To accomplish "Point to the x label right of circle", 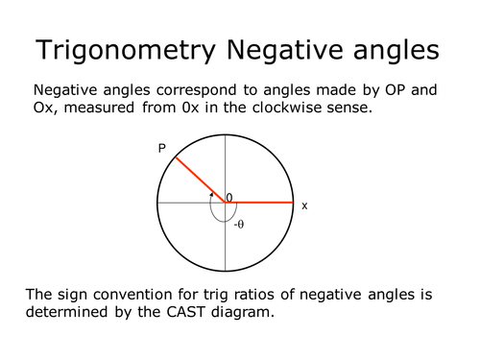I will click(x=304, y=205).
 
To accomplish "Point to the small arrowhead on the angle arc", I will click(x=213, y=194).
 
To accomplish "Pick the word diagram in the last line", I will click(x=235, y=312).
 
